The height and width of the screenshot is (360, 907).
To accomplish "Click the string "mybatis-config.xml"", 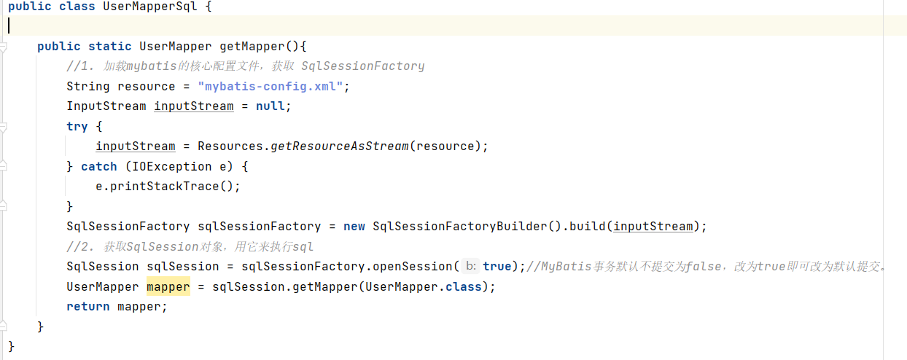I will [x=270, y=86].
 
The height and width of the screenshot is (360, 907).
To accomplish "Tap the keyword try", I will [x=77, y=126].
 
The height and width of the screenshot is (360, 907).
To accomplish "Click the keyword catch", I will [x=99, y=166].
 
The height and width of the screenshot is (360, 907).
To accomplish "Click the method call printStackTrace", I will [x=168, y=187].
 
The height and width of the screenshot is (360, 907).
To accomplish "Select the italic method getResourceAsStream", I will [x=340, y=146].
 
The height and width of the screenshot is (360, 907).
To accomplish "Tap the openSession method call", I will [x=413, y=267].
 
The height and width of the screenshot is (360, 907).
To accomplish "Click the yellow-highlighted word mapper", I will [x=168, y=286].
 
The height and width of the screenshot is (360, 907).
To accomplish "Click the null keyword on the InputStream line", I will [x=270, y=106].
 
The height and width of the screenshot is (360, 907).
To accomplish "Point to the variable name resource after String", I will [x=147, y=86].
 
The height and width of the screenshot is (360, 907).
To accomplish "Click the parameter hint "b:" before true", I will [x=471, y=267].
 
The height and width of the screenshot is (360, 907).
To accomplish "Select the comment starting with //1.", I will [x=245, y=66].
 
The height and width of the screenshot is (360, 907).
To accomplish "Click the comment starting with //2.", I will [x=190, y=246].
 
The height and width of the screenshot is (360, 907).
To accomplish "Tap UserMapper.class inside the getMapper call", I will [x=424, y=286].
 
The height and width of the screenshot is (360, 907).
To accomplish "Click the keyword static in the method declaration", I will [x=110, y=47].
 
